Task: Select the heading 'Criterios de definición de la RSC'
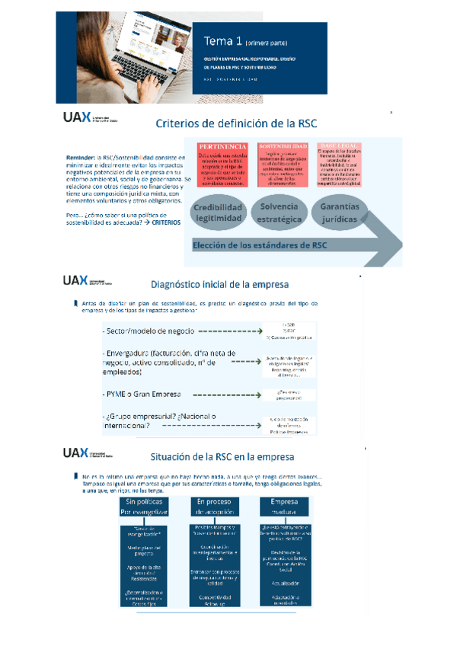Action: pyautogui.click(x=235, y=124)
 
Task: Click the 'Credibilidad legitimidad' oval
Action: pyautogui.click(x=218, y=213)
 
